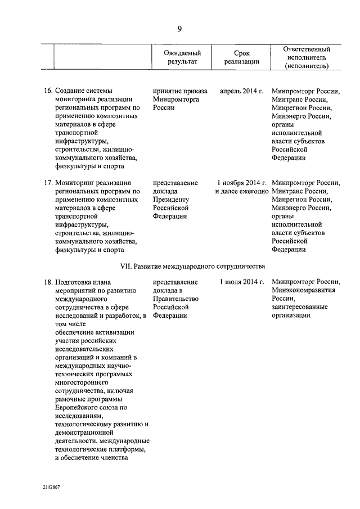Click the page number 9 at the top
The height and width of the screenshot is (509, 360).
click(179, 29)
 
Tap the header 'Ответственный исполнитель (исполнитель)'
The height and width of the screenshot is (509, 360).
click(307, 57)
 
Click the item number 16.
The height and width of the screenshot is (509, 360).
click(48, 90)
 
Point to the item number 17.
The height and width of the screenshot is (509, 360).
click(48, 182)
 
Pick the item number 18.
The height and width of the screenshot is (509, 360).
click(48, 281)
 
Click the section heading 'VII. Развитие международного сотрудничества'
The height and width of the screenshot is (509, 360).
click(192, 266)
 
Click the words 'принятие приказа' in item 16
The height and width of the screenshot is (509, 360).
click(180, 90)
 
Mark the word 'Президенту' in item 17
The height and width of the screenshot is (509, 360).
click(172, 199)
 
